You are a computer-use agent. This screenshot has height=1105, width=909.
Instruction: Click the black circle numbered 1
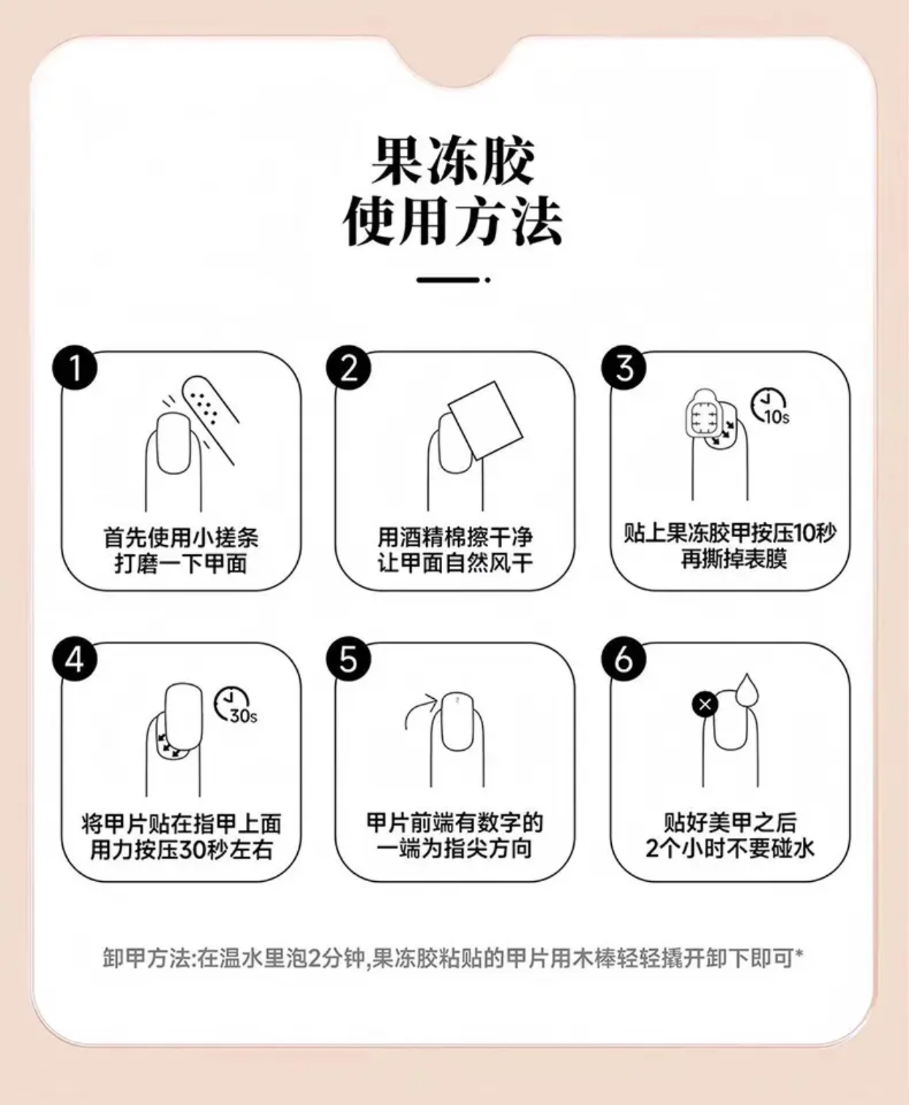[75, 368]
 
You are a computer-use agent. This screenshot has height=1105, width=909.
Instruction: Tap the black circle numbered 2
[349, 368]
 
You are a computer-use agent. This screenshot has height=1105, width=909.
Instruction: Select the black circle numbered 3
[624, 368]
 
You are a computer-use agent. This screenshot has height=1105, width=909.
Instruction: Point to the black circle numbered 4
[75, 659]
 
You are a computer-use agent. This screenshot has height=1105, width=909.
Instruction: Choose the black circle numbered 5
[349, 659]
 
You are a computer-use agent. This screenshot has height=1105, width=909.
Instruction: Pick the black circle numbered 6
[624, 659]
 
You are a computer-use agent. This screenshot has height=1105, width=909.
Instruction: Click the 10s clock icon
[769, 407]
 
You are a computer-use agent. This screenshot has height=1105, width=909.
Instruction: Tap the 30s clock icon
[235, 705]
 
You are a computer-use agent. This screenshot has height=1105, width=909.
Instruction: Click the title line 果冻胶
[454, 160]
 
